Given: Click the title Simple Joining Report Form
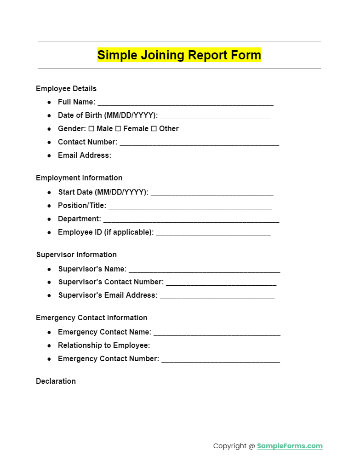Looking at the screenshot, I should [x=179, y=55].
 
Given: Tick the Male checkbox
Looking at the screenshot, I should [x=91, y=129].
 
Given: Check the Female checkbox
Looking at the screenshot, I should [x=118, y=129].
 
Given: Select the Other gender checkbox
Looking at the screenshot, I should [x=154, y=129].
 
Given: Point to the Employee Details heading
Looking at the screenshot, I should [x=66, y=89].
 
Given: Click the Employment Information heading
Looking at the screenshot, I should [x=79, y=178].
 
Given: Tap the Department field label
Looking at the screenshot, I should [x=79, y=219].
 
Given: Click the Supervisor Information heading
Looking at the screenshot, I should [x=76, y=255].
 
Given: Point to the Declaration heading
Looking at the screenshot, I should [x=56, y=381].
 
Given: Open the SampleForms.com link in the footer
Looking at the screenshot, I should [x=290, y=446].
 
